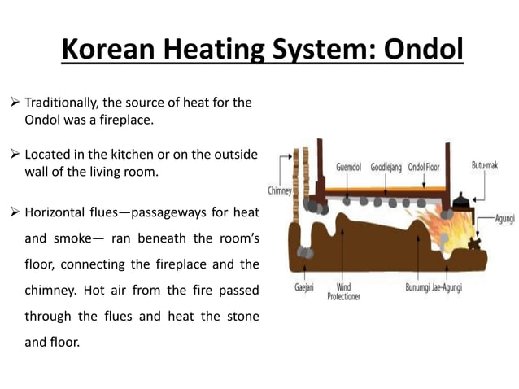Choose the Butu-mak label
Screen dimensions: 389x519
pyautogui.click(x=485, y=165)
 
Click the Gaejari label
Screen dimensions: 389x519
pyautogui.click(x=305, y=287)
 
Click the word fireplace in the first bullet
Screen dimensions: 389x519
pyautogui.click(x=131, y=120)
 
